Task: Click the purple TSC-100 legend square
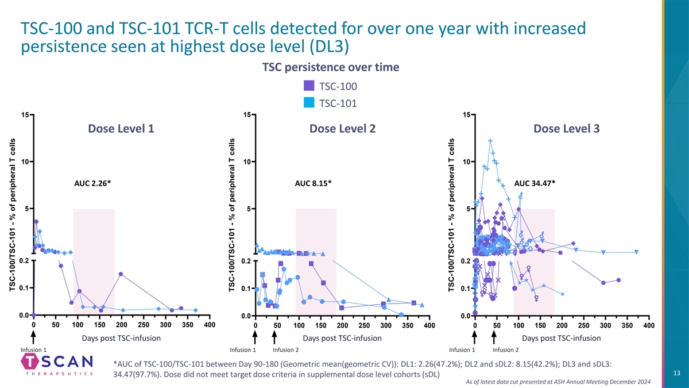308,86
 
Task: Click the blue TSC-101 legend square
308,103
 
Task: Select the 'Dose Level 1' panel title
121,129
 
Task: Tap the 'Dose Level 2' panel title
343,129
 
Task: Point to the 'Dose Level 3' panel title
567,129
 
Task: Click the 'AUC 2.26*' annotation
92,183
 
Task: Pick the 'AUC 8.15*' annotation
313,183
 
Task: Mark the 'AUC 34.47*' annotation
535,183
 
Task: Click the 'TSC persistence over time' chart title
330,67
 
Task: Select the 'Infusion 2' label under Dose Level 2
285,350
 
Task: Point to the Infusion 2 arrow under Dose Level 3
494,337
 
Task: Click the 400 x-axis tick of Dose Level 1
210,326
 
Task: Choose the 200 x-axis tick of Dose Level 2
343,326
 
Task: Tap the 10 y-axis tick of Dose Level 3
465,162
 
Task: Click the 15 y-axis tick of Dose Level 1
25,116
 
